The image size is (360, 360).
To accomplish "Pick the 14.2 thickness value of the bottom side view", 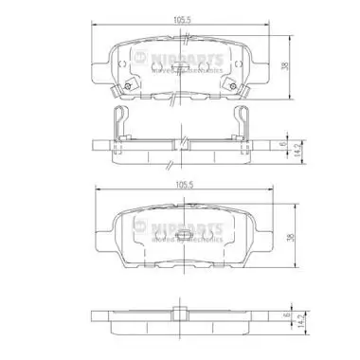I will tap(297, 323).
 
